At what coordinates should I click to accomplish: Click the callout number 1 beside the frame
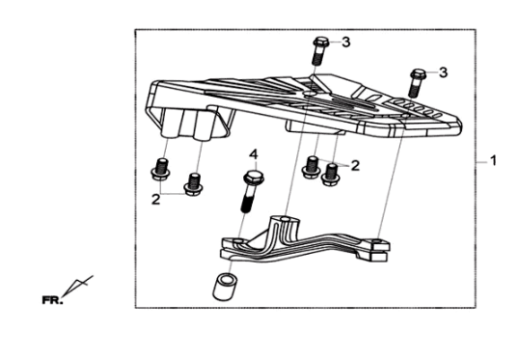click(493, 161)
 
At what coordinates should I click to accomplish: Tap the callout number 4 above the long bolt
click(254, 154)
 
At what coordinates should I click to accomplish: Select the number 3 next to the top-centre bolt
click(346, 42)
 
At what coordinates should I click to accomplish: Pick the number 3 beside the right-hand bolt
click(444, 72)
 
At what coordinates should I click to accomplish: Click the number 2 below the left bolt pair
click(156, 200)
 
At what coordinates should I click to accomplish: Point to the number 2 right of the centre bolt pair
click(355, 166)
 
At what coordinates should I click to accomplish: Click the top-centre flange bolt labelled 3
click(320, 51)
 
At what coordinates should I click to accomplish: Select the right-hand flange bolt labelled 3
click(417, 83)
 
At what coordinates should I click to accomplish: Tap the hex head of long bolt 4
click(254, 178)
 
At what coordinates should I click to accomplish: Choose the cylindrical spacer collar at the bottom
click(225, 286)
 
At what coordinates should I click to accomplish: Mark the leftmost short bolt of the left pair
click(161, 170)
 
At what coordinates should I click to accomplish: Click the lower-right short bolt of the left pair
click(194, 184)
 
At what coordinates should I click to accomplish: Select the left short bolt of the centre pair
click(311, 167)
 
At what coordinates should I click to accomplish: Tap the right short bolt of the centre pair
click(331, 175)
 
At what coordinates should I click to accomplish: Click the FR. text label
click(52, 300)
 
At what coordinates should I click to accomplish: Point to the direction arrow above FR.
click(77, 286)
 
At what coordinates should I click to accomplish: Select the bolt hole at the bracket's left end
click(237, 239)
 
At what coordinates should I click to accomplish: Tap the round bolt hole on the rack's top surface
click(309, 94)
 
